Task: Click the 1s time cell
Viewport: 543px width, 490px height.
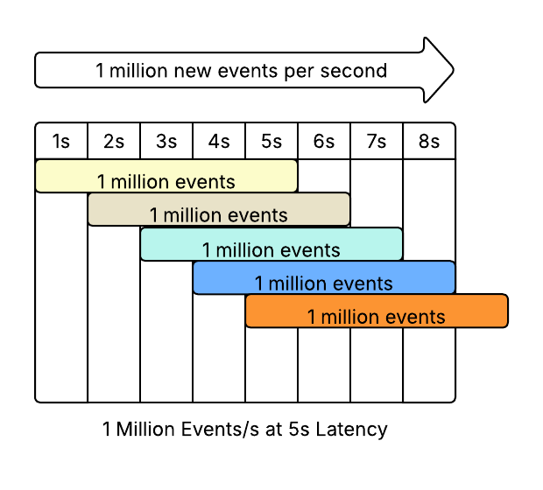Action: [61, 141]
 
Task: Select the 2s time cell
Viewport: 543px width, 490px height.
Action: [114, 141]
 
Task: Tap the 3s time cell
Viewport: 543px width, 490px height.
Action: [166, 141]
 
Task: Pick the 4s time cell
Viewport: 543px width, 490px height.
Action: [219, 141]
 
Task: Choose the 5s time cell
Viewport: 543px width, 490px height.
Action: [271, 141]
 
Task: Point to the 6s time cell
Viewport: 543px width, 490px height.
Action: [324, 141]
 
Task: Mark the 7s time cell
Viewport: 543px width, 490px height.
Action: [377, 141]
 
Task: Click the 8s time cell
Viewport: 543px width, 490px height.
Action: [429, 141]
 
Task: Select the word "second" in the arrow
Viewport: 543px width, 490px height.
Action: [356, 71]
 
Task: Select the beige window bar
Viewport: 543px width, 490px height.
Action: [219, 208]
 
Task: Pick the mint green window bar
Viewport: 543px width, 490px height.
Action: [271, 243]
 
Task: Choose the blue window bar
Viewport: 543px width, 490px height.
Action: [324, 276]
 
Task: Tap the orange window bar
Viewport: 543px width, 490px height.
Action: [377, 311]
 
